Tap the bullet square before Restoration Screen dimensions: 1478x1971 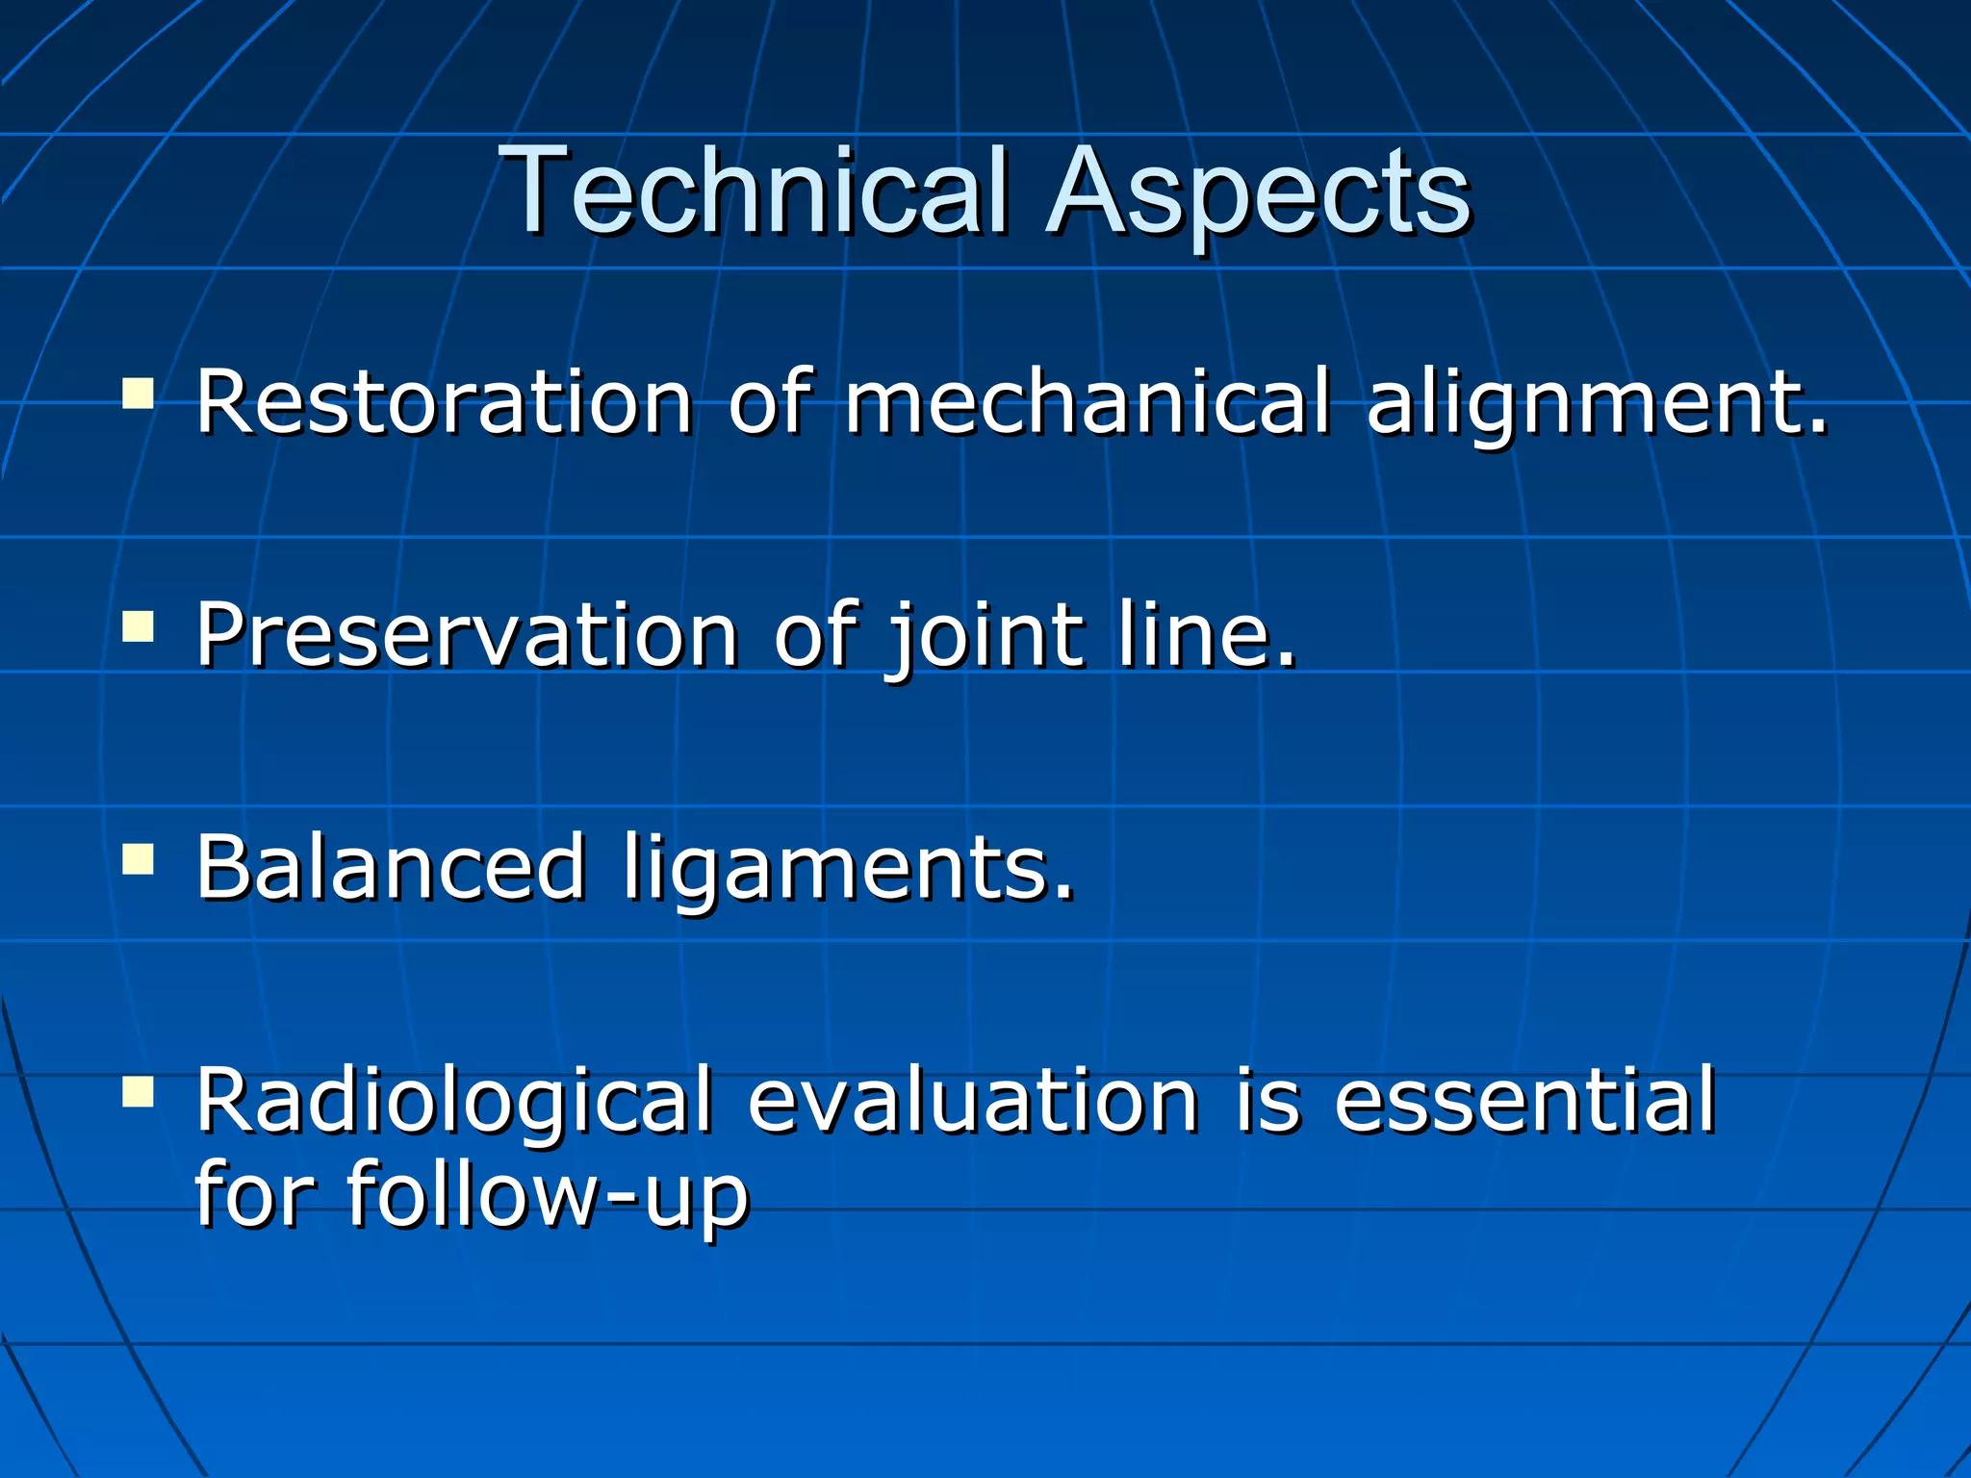[139, 394]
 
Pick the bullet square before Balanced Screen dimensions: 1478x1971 [139, 858]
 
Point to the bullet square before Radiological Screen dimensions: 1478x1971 [139, 1091]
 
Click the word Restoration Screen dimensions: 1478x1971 [444, 401]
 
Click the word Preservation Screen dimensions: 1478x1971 [467, 635]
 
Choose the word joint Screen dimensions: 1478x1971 [984, 635]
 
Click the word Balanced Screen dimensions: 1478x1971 [391, 868]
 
